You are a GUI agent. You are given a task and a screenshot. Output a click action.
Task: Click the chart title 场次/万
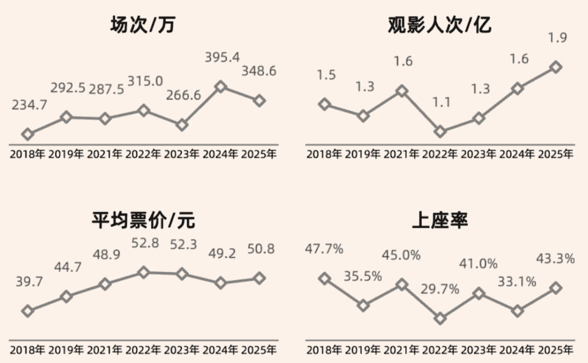pyautogui.click(x=143, y=25)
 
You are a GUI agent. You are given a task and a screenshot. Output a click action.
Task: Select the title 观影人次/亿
pyautogui.click(x=439, y=25)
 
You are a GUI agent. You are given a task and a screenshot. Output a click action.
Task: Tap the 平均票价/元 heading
pyautogui.click(x=143, y=220)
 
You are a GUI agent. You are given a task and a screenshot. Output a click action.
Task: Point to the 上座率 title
pyautogui.click(x=439, y=220)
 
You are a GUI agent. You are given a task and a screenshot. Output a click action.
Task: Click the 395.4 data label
pyautogui.click(x=222, y=57)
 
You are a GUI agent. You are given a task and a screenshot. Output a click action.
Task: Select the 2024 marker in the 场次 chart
pyautogui.click(x=220, y=86)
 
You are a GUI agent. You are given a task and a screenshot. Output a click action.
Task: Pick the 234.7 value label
pyautogui.click(x=29, y=106)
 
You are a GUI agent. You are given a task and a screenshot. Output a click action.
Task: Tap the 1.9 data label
pyautogui.click(x=556, y=38)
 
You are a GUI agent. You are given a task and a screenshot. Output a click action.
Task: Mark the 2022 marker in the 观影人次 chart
pyautogui.click(x=440, y=131)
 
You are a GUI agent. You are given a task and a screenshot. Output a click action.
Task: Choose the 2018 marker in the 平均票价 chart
pyautogui.click(x=27, y=311)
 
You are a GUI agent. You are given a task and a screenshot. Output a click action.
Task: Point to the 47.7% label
pyautogui.click(x=325, y=249)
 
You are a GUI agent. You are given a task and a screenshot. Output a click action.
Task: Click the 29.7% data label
pyautogui.click(x=440, y=289)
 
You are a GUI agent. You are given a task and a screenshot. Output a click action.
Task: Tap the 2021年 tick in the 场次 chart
pyautogui.click(x=105, y=154)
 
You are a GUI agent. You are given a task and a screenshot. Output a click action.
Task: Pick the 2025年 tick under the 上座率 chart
pyautogui.click(x=556, y=349)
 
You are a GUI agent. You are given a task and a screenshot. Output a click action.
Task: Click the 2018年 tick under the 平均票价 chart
pyautogui.click(x=27, y=349)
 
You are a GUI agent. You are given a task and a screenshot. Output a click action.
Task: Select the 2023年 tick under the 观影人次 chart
pyautogui.click(x=479, y=154)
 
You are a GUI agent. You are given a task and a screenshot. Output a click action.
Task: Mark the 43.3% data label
pyautogui.click(x=556, y=259)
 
